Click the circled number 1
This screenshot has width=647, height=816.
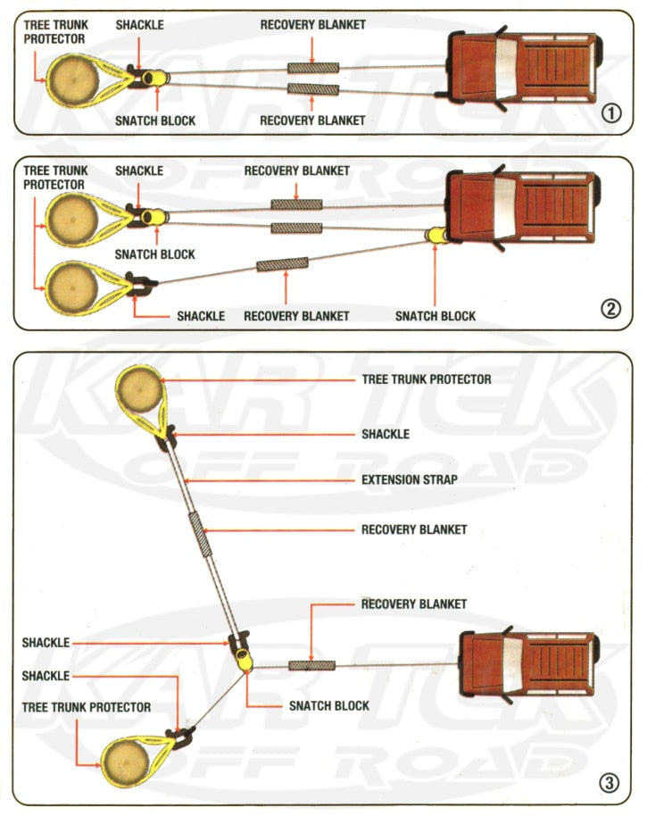pos(610,113)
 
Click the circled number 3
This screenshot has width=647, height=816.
pos(609,785)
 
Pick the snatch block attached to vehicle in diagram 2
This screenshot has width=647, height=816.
pos(436,236)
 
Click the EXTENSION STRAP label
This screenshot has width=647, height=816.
pos(409,479)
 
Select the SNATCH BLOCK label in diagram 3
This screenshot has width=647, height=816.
pos(328,705)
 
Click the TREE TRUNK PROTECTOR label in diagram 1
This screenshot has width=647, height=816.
pos(54,32)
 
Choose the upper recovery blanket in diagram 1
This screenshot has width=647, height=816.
pos(312,69)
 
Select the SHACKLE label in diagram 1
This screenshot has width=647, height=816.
pos(139,25)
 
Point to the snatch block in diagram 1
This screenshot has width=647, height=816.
pos(153,79)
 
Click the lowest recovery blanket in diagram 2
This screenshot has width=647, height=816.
pos(282,264)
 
